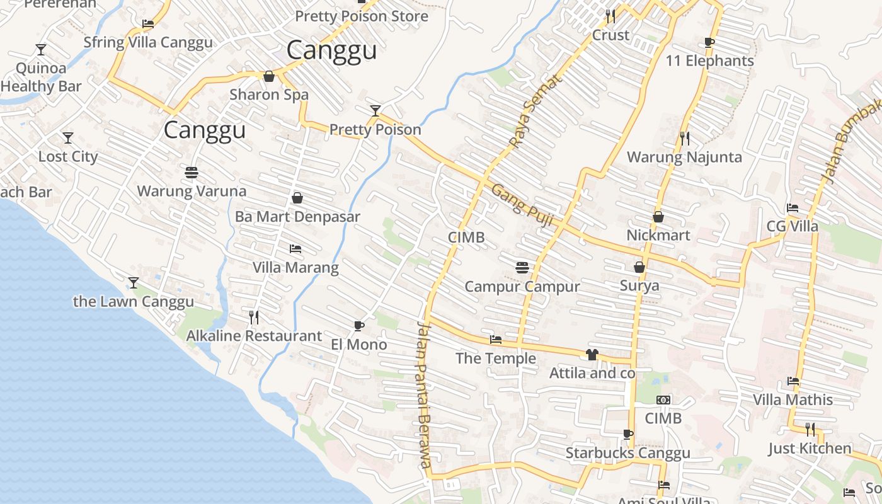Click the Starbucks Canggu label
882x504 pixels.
coord(627,453)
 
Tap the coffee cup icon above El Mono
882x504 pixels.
coord(358,326)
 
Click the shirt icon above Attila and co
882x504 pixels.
coord(592,355)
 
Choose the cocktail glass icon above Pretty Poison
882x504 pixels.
coord(375,111)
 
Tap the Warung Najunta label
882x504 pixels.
coord(684,157)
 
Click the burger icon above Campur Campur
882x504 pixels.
coord(522,268)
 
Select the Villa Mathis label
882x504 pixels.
coord(793,399)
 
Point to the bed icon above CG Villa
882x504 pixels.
coord(793,208)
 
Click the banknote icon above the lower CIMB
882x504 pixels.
coord(663,400)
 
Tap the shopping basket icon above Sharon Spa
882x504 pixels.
coord(269,76)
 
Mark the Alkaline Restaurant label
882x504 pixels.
coord(254,336)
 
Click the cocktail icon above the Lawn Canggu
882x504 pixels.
coord(133,282)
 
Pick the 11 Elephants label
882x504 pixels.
coord(709,61)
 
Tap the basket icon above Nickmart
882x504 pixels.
coord(658,217)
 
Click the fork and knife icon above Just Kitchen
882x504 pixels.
coord(810,430)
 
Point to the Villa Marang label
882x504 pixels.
coord(295,268)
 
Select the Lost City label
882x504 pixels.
coord(68,157)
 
